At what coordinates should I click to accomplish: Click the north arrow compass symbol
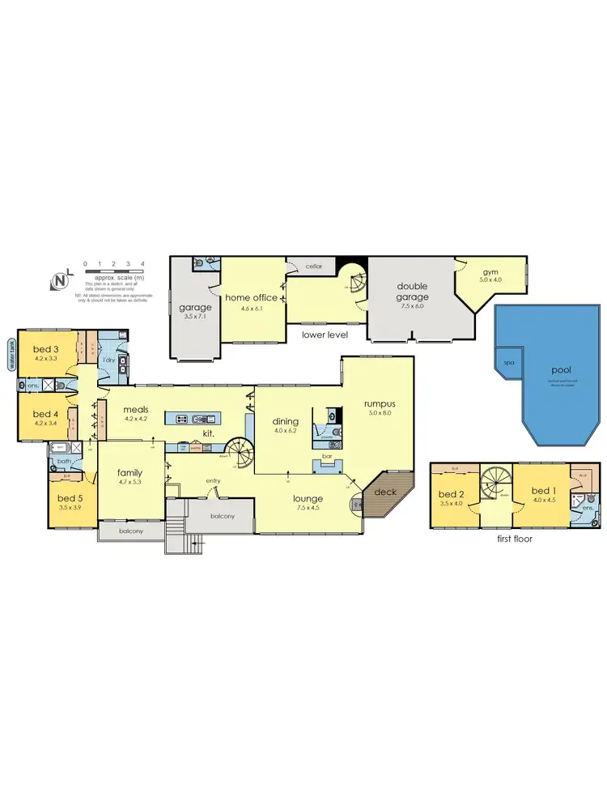(59, 280)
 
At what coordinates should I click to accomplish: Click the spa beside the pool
(509, 364)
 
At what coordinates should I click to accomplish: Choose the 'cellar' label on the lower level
(314, 266)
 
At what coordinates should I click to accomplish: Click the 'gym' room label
(490, 272)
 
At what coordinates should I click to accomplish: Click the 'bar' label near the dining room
(329, 457)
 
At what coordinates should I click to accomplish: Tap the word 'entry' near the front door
(213, 481)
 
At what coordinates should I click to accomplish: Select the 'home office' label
(251, 297)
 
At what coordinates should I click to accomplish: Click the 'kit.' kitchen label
(208, 434)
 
